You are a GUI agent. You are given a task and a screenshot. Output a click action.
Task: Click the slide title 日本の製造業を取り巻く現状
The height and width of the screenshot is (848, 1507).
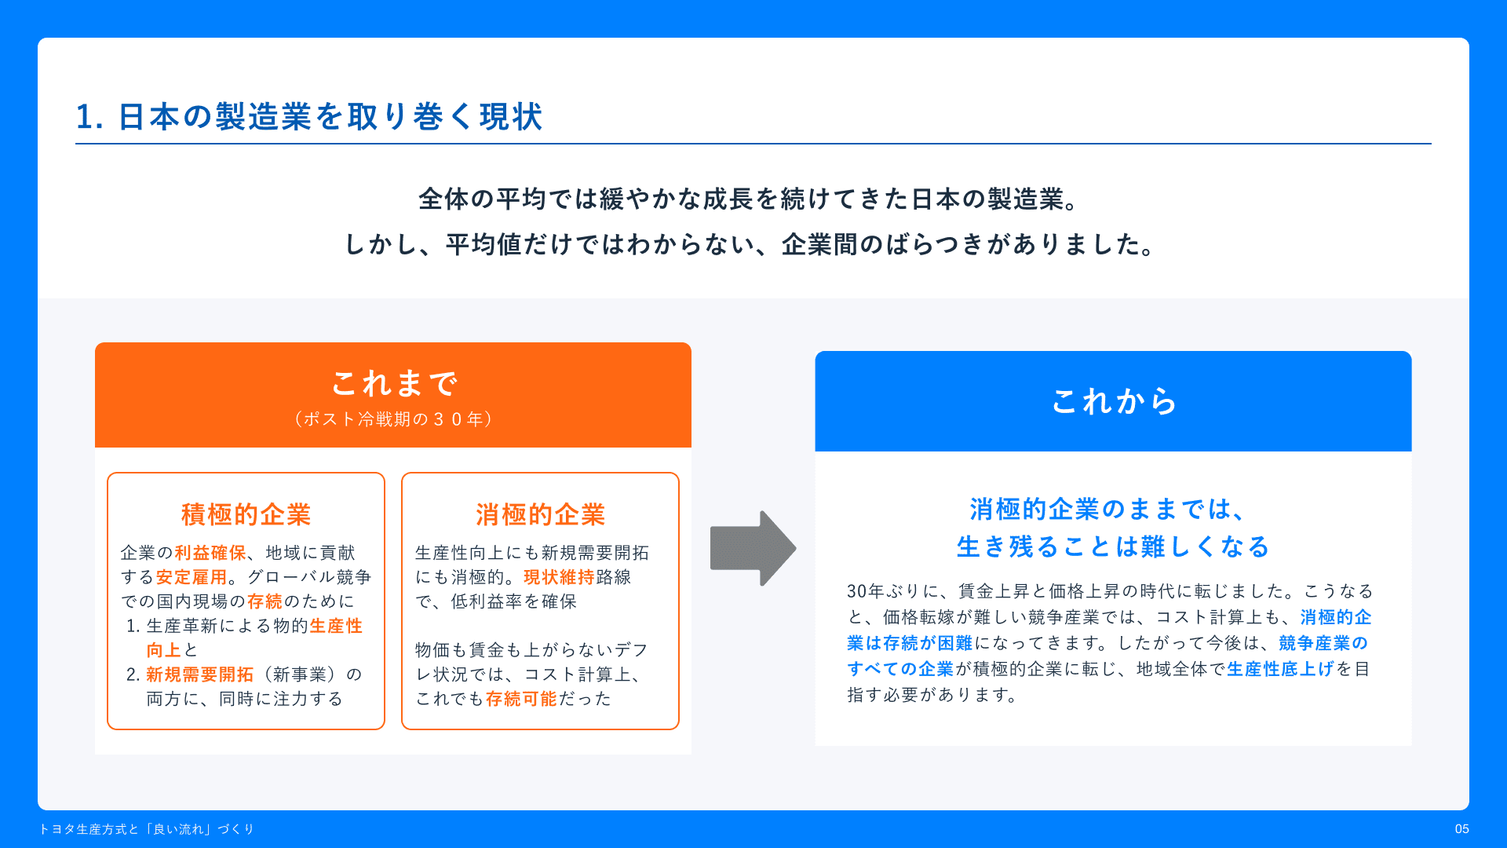[x=330, y=117]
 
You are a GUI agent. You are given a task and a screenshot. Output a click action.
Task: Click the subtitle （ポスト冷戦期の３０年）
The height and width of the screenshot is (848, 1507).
[x=394, y=419]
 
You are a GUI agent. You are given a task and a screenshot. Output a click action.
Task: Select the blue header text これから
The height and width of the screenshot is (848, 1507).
[x=1114, y=401]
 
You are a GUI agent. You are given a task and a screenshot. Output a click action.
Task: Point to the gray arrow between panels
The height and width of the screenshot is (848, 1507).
[x=753, y=548]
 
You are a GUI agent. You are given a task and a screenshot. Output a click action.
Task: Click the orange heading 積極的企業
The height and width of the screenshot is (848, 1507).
[x=246, y=514]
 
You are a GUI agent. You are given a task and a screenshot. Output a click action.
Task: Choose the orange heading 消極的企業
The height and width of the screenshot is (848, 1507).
[x=541, y=514]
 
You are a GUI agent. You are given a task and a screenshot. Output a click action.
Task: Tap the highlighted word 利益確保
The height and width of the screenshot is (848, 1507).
[x=210, y=553]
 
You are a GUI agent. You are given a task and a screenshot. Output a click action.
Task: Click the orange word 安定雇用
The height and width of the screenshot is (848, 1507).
[x=192, y=577]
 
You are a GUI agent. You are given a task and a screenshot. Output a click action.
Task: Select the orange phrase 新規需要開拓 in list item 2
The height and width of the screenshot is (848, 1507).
[x=200, y=674]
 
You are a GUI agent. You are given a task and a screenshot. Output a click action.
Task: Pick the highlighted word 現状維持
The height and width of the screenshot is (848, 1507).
[x=560, y=577]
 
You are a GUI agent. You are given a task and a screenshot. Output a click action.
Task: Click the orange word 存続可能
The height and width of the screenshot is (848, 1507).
[x=521, y=699]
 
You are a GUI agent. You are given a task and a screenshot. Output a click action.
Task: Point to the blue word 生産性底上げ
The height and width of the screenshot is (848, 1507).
[x=1281, y=669]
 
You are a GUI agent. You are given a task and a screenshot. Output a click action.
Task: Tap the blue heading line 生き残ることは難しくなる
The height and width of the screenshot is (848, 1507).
[x=1114, y=546]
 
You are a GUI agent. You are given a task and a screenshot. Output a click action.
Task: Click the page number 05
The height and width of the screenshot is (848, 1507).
[x=1461, y=829]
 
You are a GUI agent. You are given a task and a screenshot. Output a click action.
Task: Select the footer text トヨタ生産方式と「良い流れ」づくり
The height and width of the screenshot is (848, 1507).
[x=147, y=829]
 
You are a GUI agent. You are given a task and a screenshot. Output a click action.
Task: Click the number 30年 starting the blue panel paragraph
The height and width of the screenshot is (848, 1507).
[x=866, y=591]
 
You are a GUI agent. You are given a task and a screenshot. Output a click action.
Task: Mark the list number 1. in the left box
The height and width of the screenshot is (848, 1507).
[x=133, y=626]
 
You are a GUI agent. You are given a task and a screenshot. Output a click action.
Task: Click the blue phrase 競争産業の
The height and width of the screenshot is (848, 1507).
[x=1323, y=643]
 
